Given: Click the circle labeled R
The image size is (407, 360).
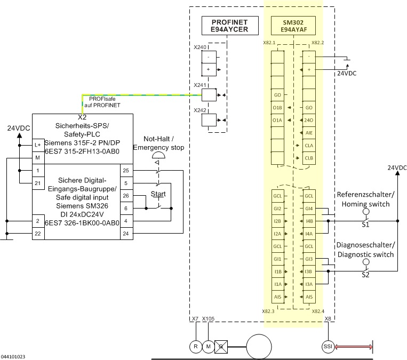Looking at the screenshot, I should click(196, 346).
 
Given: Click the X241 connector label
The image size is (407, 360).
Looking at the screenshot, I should click(199, 85).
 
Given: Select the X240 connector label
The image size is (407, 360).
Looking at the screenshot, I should click(199, 47).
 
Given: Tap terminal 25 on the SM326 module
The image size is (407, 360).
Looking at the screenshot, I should click(125, 171).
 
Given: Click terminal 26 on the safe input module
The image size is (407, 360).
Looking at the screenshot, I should click(125, 196).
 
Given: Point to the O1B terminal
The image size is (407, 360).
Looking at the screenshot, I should click(277, 108).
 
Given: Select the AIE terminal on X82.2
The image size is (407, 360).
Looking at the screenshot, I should click(309, 133).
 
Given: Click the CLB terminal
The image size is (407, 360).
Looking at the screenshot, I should click(309, 158).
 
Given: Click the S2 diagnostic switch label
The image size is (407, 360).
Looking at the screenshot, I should click(365, 277).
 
